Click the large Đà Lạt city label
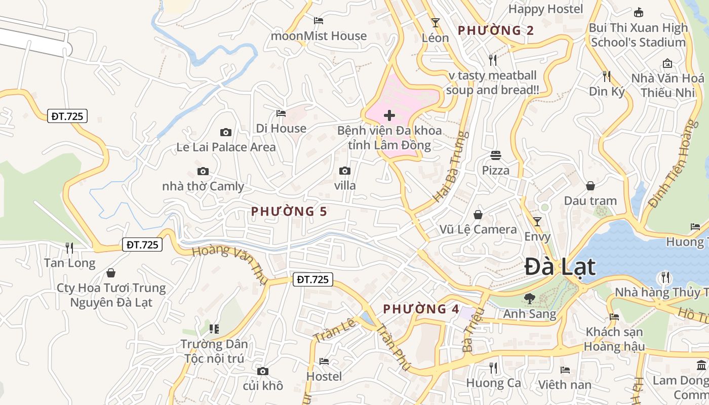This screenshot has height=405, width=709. [560, 267]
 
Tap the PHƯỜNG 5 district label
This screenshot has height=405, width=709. [289, 212]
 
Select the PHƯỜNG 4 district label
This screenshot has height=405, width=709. [421, 309]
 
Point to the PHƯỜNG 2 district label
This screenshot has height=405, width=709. [496, 30]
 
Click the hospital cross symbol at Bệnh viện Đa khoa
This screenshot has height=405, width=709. [389, 115]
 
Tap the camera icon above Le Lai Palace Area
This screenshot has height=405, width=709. [226, 133]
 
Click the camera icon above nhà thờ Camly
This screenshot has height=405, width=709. [203, 172]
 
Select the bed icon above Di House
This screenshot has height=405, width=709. [281, 113]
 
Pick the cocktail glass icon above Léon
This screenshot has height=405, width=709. [435, 23]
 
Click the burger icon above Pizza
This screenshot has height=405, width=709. [495, 155]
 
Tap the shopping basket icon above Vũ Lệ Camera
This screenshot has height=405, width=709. [478, 215]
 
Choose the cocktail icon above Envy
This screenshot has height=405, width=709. [537, 222]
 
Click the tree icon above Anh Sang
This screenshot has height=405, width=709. [529, 299]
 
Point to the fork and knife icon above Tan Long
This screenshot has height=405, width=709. [69, 248]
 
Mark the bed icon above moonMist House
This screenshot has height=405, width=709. [319, 21]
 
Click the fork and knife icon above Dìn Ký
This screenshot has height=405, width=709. [607, 76]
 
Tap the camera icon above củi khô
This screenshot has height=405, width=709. [262, 371]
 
